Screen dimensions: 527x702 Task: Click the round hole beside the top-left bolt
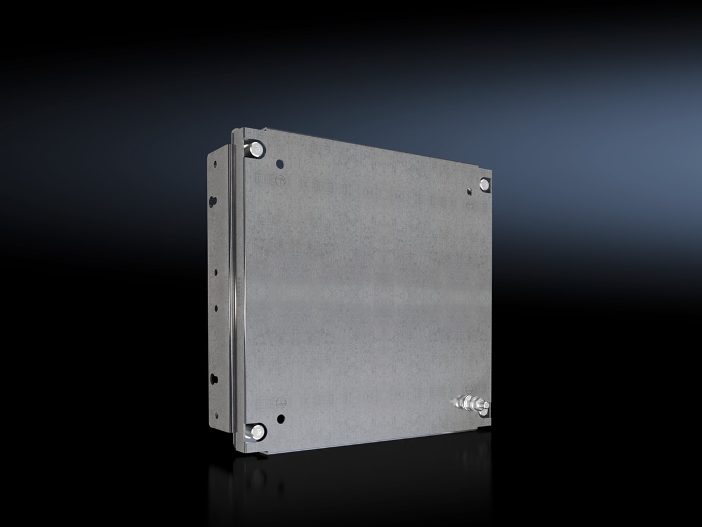tap(281, 162)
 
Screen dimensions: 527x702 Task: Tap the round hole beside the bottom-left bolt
tap(281, 419)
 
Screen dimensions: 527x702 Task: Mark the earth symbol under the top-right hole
tap(470, 205)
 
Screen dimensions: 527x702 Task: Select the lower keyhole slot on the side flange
tap(213, 379)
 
